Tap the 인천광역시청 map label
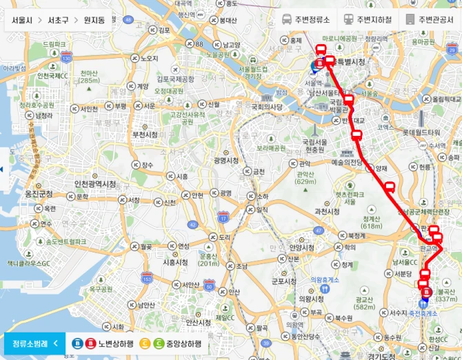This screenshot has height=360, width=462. pyautogui.click(x=95, y=184)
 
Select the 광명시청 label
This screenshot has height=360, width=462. pyautogui.click(x=226, y=160)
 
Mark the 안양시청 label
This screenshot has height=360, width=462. pyautogui.click(x=303, y=247)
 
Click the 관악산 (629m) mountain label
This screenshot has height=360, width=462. pyautogui.click(x=305, y=178)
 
